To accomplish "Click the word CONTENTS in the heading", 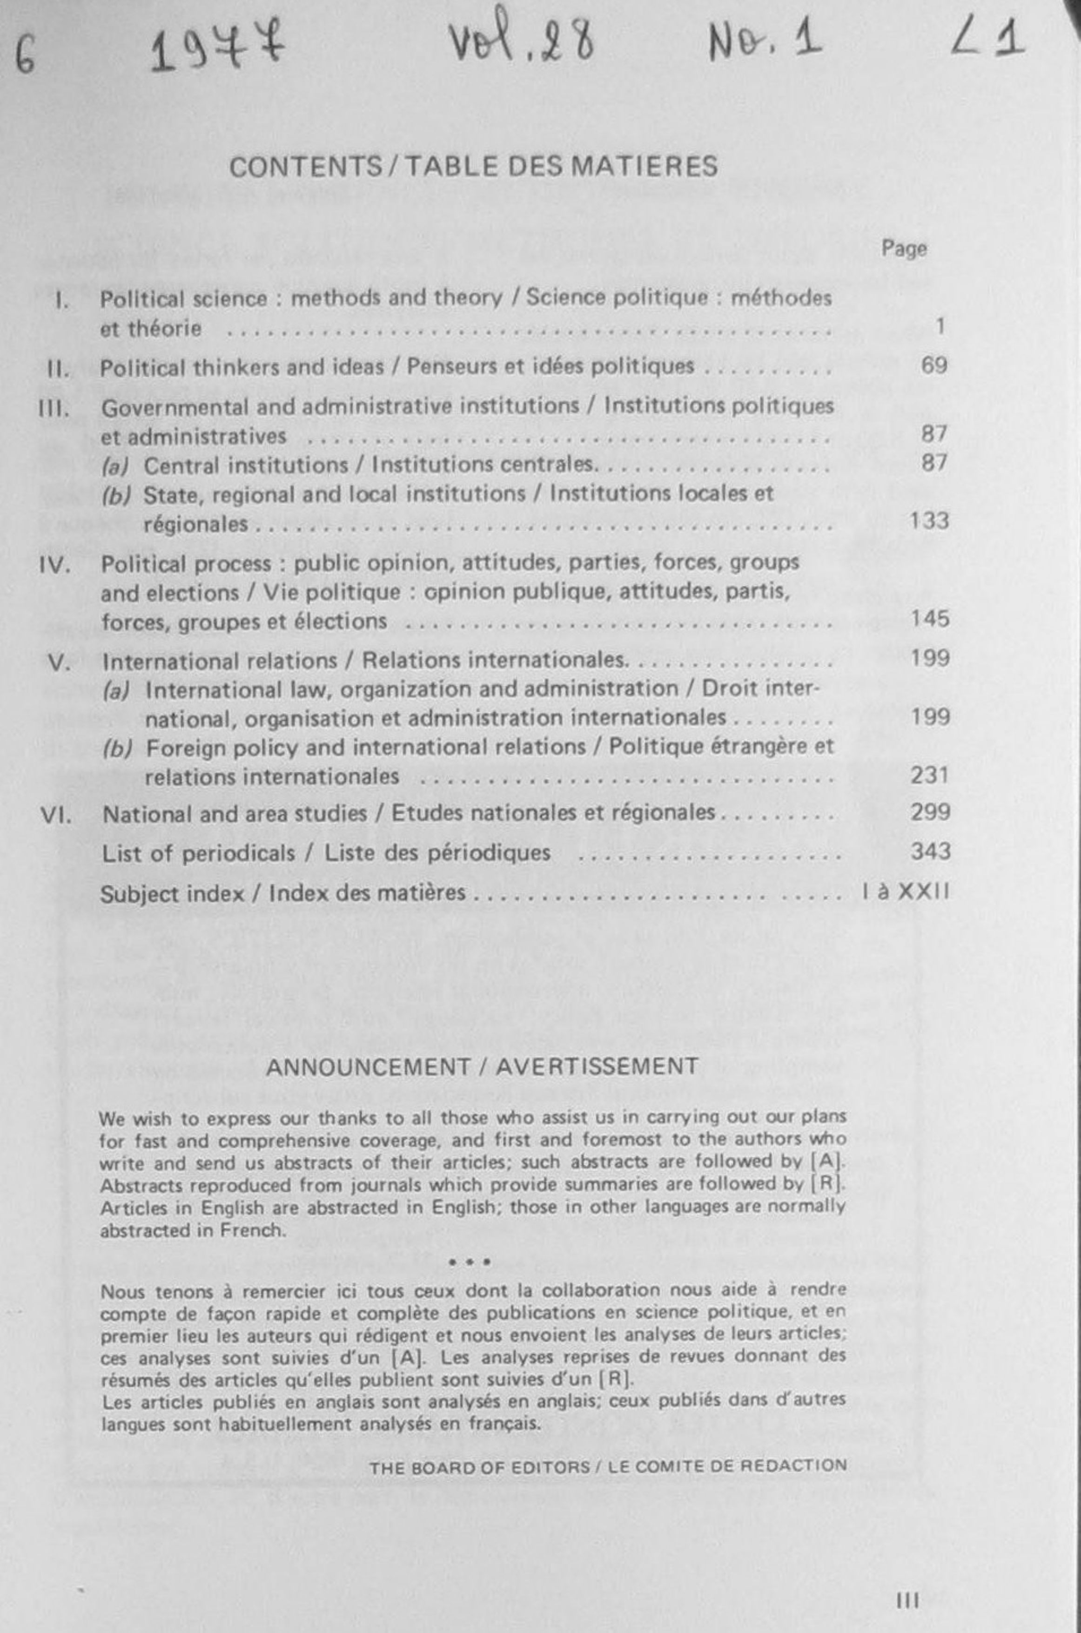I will (305, 167).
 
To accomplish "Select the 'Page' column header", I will (903, 248).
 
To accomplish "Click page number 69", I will (933, 365).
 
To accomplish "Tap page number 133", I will (929, 520).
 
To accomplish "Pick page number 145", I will (929, 619).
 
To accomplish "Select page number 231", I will (929, 776).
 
